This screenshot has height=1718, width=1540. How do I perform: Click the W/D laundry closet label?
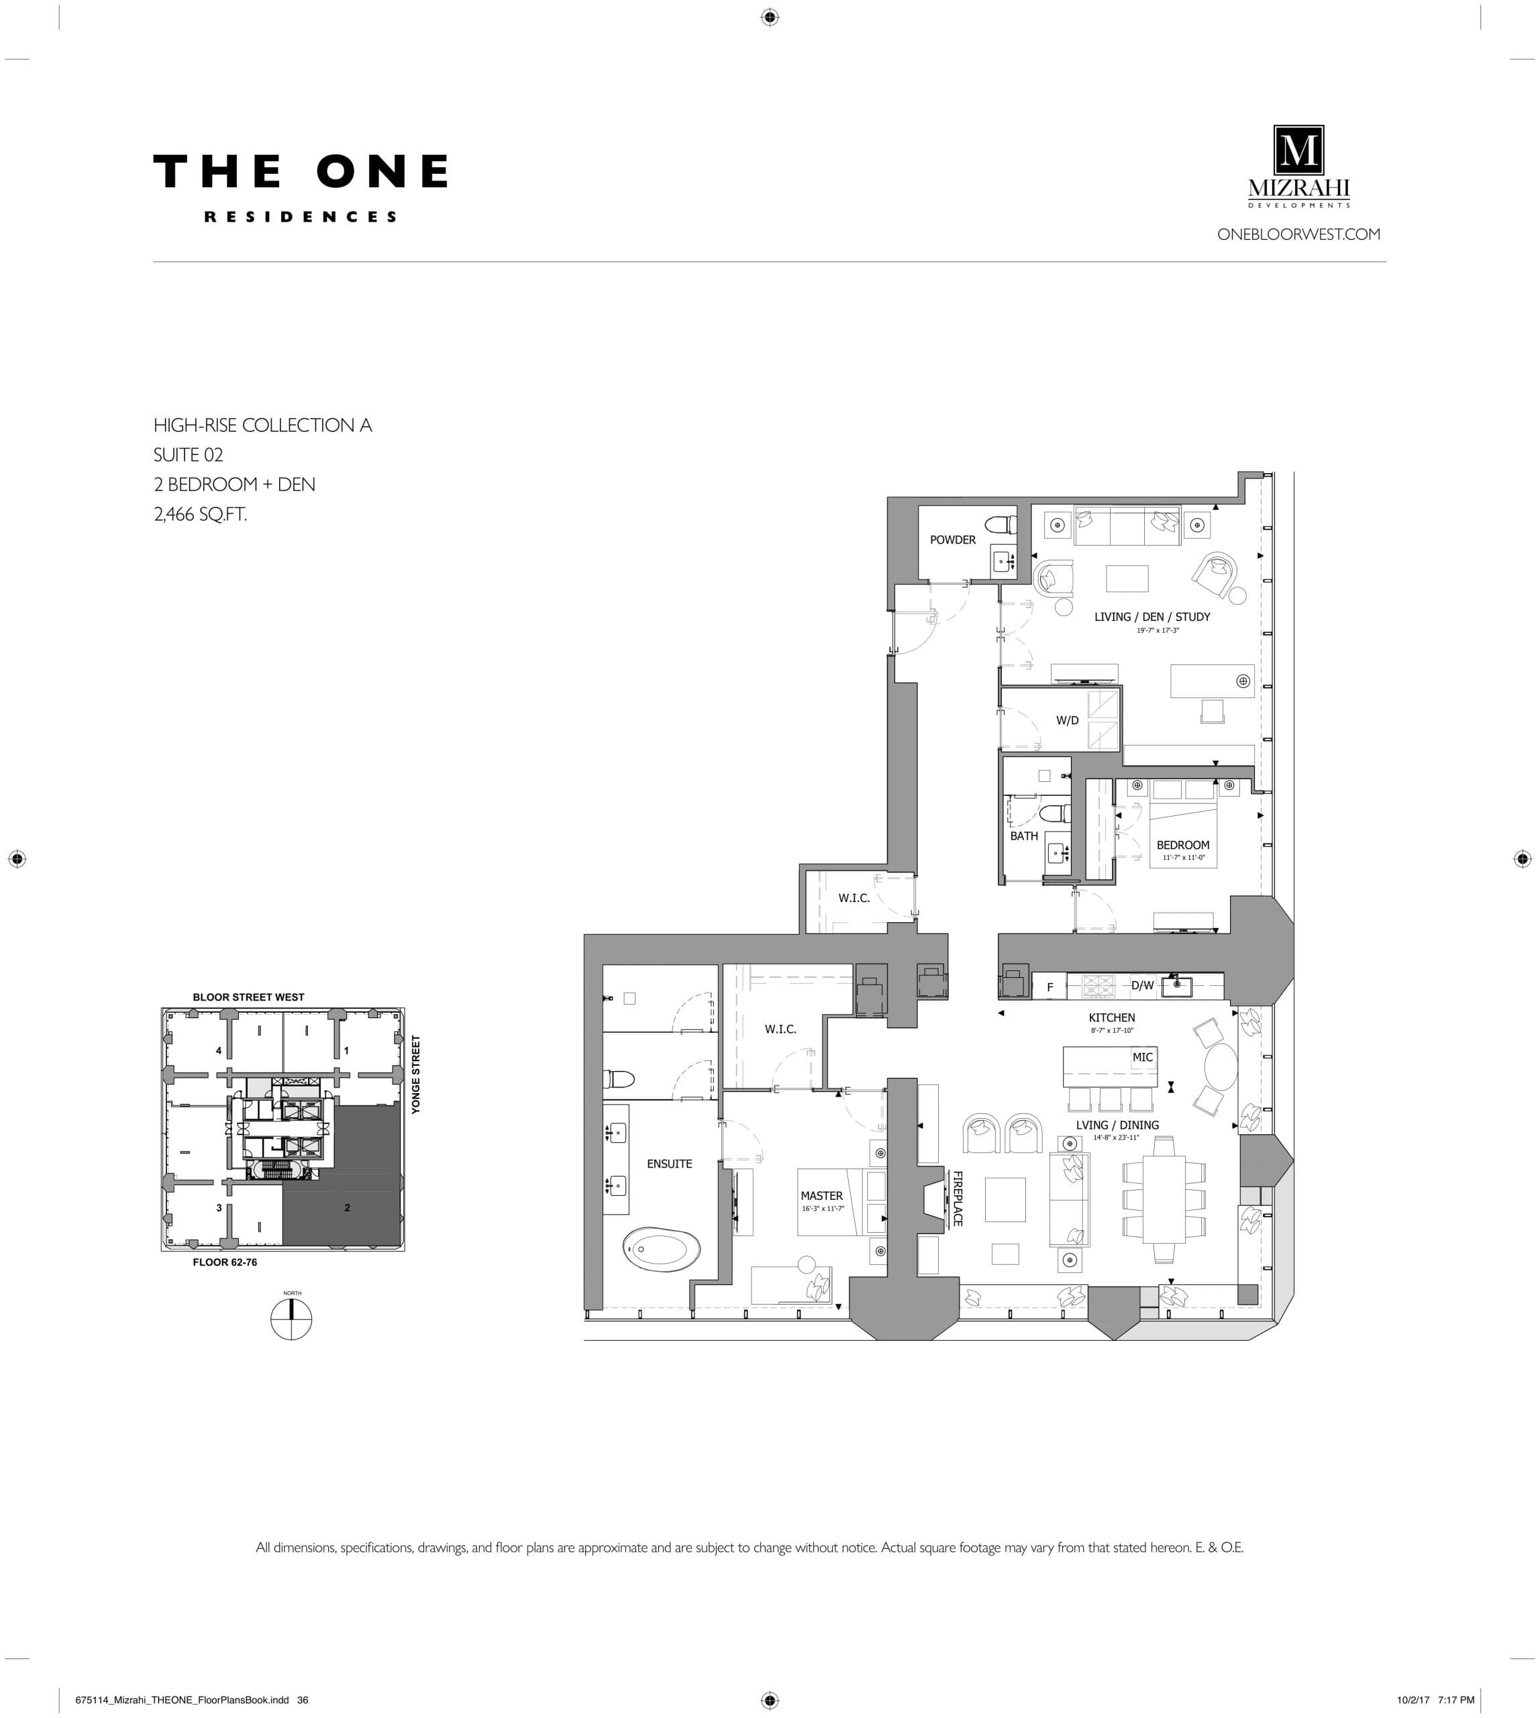(x=1067, y=720)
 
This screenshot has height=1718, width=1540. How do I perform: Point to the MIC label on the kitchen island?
(x=1142, y=1057)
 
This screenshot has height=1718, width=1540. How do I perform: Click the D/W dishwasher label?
(x=1141, y=985)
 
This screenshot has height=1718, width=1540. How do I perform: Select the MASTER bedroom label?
(x=821, y=1196)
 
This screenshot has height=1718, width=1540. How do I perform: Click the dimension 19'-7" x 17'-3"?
(x=1157, y=631)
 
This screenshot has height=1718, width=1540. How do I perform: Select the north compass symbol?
(x=291, y=1319)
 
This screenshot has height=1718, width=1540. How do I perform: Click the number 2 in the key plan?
(x=347, y=1208)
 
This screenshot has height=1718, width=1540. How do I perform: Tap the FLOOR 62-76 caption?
(x=224, y=1262)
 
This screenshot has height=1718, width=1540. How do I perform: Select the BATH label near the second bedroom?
(x=1023, y=836)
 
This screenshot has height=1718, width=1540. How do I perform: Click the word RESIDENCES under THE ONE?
(x=301, y=217)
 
